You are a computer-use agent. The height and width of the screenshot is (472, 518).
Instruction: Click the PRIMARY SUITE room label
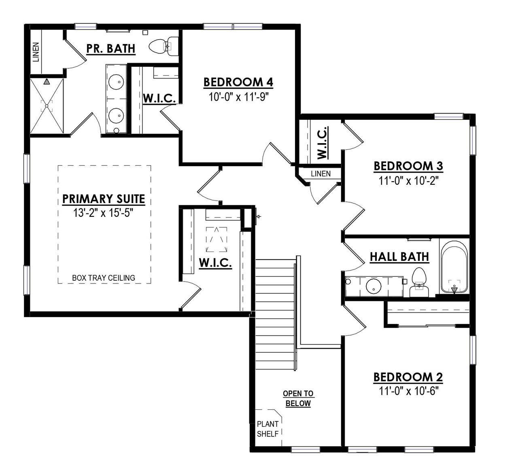pyautogui.click(x=104, y=199)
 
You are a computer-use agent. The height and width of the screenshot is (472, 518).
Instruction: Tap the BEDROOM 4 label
pyautogui.click(x=238, y=82)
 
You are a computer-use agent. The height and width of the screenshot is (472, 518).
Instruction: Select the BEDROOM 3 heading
pyautogui.click(x=408, y=166)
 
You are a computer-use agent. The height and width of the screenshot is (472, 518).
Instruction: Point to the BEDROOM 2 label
pyautogui.click(x=408, y=377)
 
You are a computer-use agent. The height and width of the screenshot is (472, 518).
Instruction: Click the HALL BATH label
pyautogui.click(x=399, y=256)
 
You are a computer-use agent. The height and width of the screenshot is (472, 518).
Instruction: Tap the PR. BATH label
pyautogui.click(x=110, y=49)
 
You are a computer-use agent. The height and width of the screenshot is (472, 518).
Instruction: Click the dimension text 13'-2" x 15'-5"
pyautogui.click(x=104, y=213)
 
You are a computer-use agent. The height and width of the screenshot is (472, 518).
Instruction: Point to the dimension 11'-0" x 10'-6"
pyautogui.click(x=409, y=391)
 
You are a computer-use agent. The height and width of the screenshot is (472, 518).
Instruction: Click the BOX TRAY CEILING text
pyautogui.click(x=104, y=278)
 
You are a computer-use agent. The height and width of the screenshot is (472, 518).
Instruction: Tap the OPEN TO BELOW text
pyautogui.click(x=298, y=398)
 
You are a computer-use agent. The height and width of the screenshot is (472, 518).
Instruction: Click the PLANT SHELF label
pyautogui.click(x=268, y=429)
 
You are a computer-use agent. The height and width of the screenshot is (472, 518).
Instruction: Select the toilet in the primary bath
pyautogui.click(x=164, y=47)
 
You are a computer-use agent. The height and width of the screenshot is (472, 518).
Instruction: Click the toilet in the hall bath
pyautogui.click(x=419, y=283)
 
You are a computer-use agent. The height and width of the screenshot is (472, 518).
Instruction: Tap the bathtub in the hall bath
pyautogui.click(x=454, y=267)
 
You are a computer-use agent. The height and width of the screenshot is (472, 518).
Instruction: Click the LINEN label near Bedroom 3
pyautogui.click(x=321, y=174)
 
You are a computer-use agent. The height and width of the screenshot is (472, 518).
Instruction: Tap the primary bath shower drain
pyautogui.click(x=47, y=106)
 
